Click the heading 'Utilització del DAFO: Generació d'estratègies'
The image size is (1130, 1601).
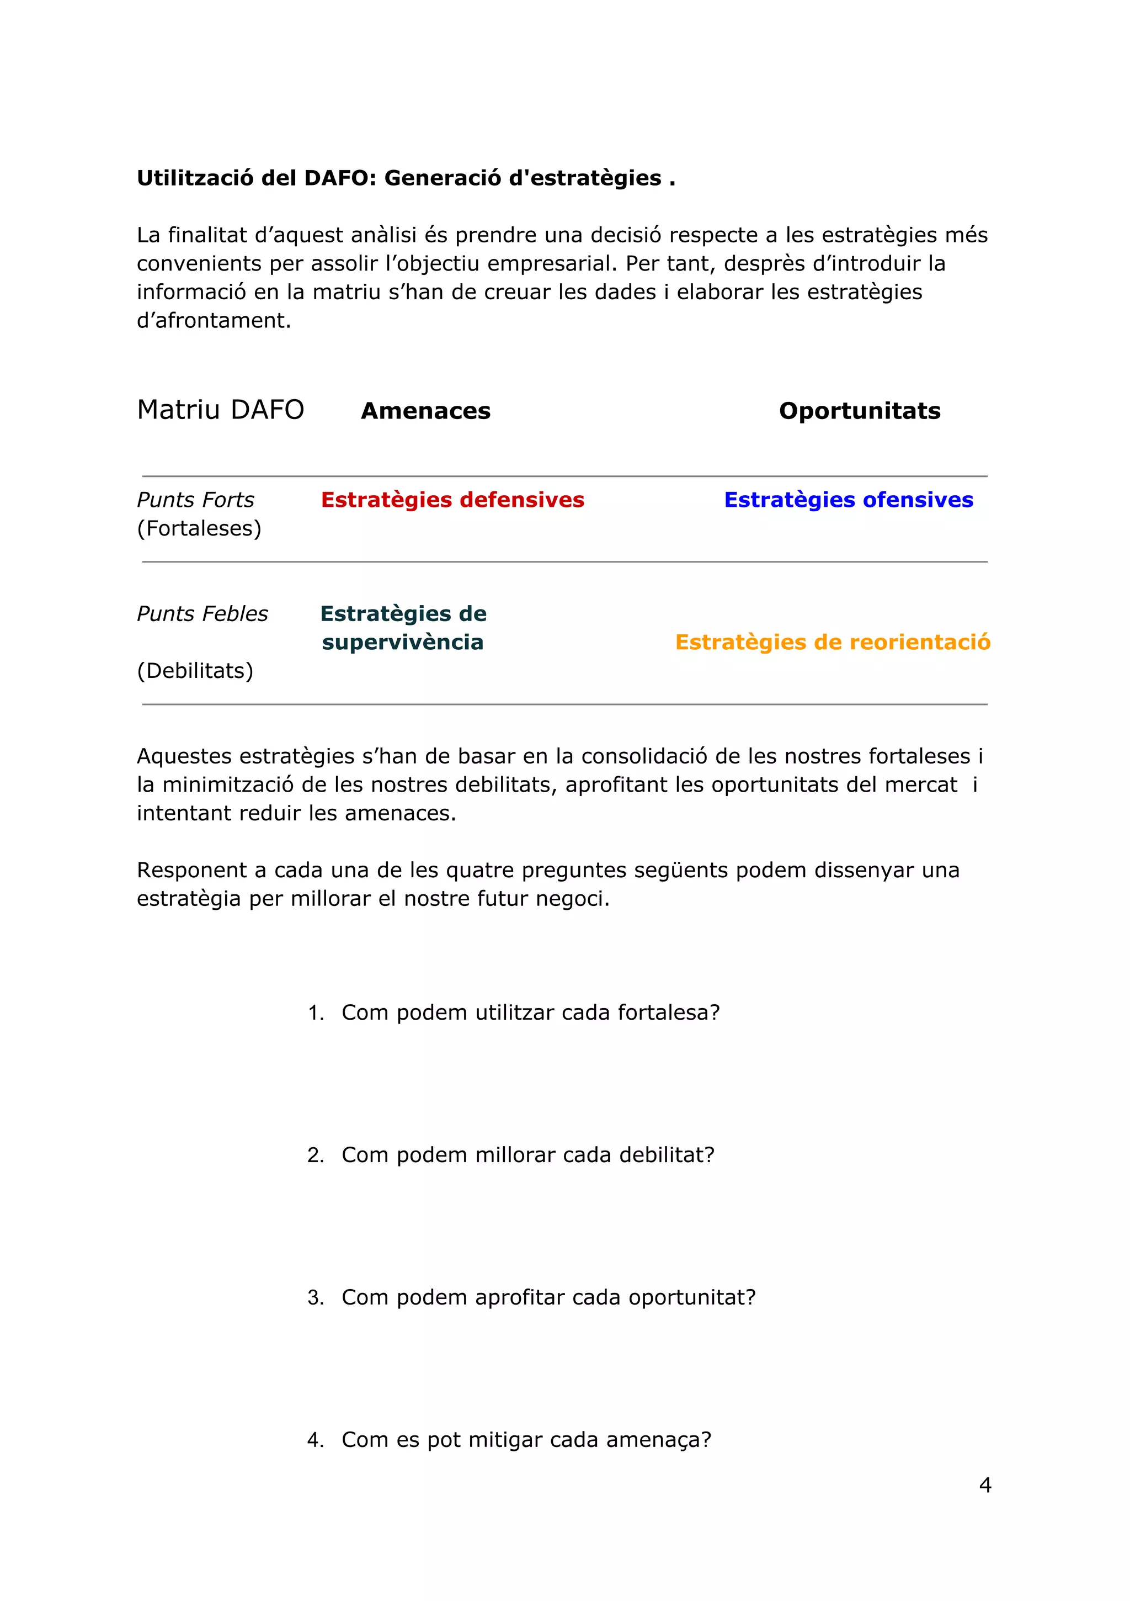click(x=406, y=178)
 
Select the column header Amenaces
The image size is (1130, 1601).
click(x=425, y=411)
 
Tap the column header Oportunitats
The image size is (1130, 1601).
click(x=859, y=411)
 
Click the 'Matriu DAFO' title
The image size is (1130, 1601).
click(x=220, y=410)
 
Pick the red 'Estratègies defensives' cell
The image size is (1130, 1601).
click(x=452, y=500)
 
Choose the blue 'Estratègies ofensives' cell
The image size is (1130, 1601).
click(x=849, y=500)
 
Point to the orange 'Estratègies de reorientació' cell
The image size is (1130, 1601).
click(x=833, y=642)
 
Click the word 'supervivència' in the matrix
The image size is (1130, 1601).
click(x=402, y=642)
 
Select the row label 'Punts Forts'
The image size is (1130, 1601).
click(x=195, y=500)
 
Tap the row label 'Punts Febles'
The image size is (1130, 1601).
click(x=202, y=613)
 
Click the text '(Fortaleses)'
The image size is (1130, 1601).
click(x=199, y=528)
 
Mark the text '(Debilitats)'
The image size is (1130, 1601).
click(x=195, y=671)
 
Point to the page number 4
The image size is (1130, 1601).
click(x=984, y=1485)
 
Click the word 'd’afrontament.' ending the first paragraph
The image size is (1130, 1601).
click(x=214, y=321)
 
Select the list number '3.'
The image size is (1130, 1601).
click(x=316, y=1298)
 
